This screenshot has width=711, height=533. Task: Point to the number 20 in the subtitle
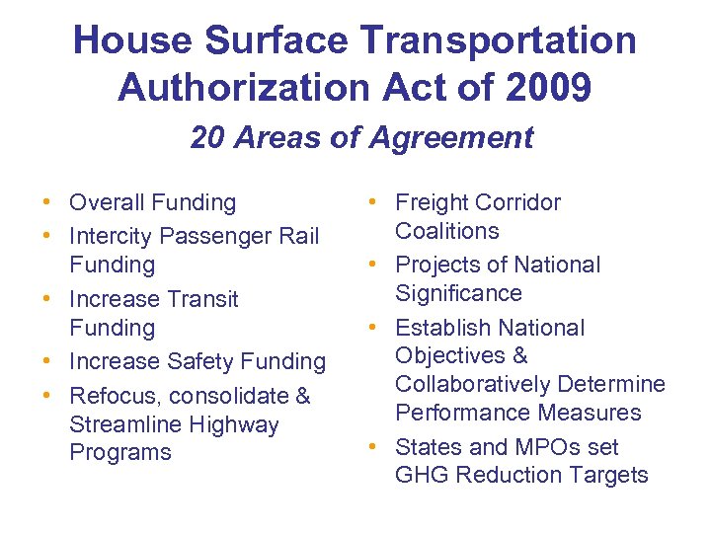[206, 137]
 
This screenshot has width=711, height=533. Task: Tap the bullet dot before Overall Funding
[46, 203]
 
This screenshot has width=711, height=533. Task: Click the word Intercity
[110, 236]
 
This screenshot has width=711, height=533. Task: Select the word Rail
[298, 236]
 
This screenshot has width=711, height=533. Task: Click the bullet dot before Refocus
[46, 397]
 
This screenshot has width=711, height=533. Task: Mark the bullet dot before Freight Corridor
[372, 203]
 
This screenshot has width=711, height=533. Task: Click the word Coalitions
[446, 231]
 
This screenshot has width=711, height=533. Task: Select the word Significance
[458, 293]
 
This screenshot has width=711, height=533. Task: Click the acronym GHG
[420, 475]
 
